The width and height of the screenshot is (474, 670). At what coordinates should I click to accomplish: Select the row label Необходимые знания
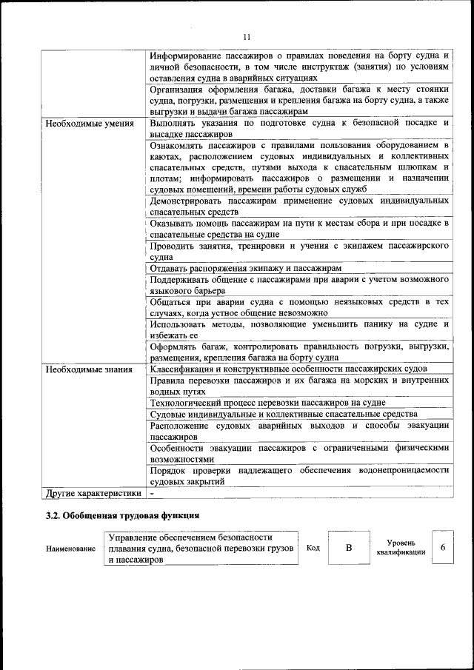click(x=89, y=369)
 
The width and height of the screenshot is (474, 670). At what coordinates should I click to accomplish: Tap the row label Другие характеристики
click(x=93, y=492)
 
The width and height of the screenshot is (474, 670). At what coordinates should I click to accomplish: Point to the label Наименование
click(x=70, y=549)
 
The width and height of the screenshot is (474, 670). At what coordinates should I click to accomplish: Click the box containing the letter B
click(x=347, y=548)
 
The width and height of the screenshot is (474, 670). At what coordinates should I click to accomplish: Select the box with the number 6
click(x=442, y=548)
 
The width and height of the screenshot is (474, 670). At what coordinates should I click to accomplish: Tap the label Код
click(x=313, y=549)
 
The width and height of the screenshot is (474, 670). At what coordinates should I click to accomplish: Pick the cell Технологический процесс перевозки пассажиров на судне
click(x=267, y=403)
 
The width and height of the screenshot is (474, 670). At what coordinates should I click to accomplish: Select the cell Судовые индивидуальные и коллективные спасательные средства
click(x=283, y=415)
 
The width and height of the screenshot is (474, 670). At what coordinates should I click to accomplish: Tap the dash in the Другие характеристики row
click(x=152, y=492)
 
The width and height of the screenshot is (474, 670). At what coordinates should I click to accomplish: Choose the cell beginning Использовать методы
click(x=298, y=329)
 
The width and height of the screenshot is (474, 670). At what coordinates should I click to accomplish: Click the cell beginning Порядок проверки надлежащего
click(x=298, y=475)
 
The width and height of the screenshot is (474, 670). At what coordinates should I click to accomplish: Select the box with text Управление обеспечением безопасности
click(x=200, y=549)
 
